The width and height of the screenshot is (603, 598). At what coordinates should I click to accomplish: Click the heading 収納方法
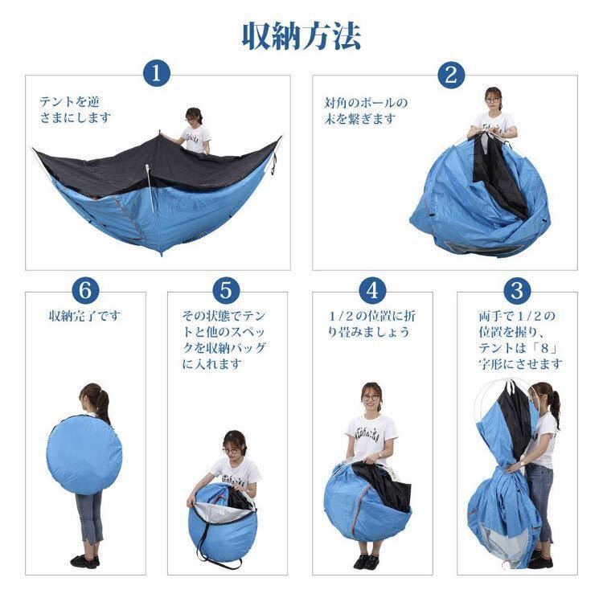pos(301,36)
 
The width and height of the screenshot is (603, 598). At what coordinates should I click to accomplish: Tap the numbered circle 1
pos(157,72)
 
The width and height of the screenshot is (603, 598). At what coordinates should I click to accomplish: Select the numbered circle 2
pos(451,75)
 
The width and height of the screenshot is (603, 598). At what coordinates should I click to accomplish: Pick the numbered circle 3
pos(517,290)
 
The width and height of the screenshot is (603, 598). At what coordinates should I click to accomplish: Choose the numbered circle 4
pos(372,290)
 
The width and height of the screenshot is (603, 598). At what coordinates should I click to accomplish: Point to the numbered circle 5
pos(226,290)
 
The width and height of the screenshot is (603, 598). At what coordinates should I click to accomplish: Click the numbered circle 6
pos(84,290)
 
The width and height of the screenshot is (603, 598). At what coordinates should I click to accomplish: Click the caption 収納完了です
pos(84,317)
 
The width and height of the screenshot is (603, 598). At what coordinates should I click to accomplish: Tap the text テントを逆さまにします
pos(76,109)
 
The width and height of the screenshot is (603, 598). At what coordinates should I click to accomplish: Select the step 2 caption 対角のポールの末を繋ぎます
pos(365,111)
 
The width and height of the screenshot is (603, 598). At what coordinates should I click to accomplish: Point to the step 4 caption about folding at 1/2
pos(371,324)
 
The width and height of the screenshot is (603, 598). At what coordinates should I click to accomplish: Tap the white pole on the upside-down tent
pos(150,187)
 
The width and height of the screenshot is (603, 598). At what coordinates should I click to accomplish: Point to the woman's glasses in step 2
pos(493,100)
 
